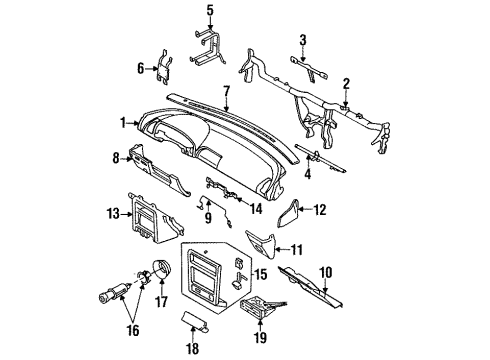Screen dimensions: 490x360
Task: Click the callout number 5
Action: [210, 10]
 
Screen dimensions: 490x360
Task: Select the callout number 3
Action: [302, 40]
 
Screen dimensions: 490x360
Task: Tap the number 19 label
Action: [260, 338]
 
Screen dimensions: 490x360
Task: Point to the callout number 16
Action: [133, 331]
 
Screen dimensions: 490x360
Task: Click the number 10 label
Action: [326, 272]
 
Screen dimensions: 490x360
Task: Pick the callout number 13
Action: [113, 213]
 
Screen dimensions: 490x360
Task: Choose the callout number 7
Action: [227, 91]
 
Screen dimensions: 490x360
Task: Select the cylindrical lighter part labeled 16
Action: [114, 292]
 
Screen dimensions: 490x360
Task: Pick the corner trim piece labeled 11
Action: [263, 245]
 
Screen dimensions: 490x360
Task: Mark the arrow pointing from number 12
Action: [306, 210]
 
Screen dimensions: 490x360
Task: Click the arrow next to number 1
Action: [134, 123]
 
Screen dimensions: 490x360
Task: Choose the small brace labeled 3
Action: [308, 69]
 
